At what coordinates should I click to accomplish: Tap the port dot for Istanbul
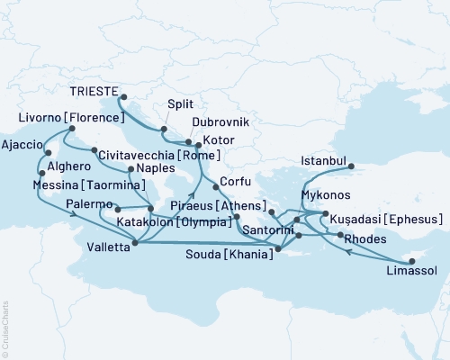[351, 166]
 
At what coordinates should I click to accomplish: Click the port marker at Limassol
[411, 261]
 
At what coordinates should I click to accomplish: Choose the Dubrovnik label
[220, 121]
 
